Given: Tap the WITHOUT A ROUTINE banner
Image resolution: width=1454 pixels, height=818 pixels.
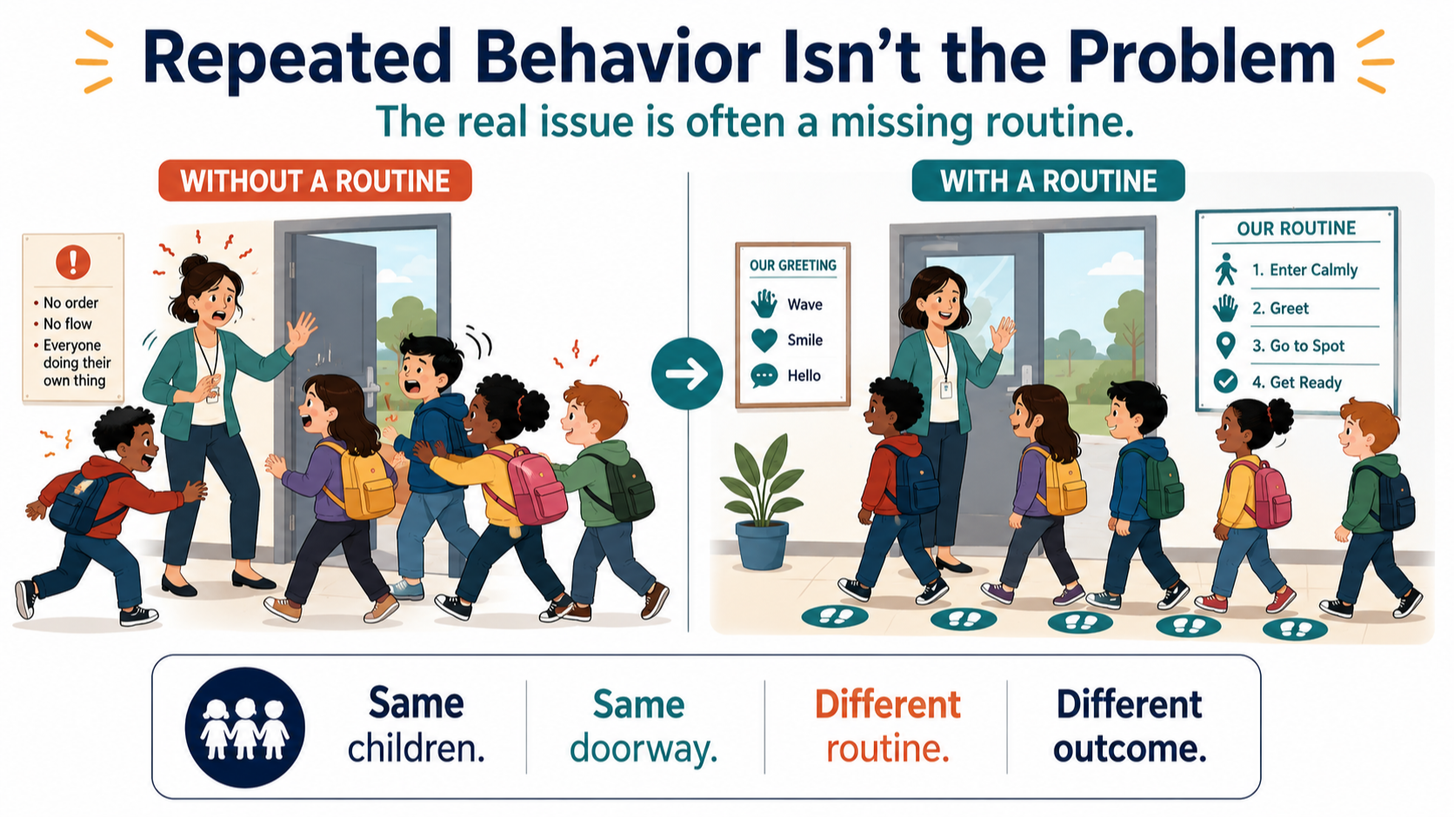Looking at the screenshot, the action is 315,180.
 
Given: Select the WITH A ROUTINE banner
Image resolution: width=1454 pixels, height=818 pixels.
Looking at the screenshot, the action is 1048,180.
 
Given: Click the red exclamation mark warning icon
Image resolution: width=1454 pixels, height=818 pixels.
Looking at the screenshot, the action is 73,262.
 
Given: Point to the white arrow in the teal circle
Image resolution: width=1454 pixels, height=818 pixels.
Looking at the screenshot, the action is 687,374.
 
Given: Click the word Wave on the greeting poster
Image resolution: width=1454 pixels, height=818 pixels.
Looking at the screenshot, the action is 805,304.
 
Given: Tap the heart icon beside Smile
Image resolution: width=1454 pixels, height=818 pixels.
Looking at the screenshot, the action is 764,340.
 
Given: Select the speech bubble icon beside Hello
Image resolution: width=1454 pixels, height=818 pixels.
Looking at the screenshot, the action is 764,376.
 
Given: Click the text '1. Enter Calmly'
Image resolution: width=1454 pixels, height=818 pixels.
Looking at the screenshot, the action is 1304,269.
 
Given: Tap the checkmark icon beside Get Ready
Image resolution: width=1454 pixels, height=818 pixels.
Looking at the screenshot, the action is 1225,382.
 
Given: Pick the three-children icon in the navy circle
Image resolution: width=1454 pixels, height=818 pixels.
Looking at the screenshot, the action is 244,728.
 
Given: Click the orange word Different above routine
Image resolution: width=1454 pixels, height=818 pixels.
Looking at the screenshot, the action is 887,704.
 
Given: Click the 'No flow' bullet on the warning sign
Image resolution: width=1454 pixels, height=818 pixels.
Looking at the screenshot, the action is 68,323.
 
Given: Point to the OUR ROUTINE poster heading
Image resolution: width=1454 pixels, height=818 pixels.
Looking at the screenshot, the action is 1297,229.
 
